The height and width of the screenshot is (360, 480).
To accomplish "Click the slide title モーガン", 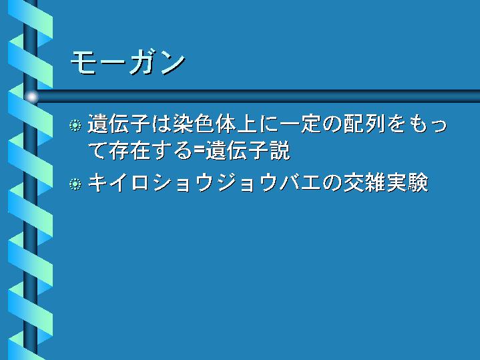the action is tap(128, 63).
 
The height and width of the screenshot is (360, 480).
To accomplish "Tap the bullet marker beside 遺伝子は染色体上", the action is tap(75, 126).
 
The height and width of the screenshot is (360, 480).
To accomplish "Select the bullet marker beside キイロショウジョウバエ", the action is tap(75, 184).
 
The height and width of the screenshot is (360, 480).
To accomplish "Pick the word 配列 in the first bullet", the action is tap(364, 124).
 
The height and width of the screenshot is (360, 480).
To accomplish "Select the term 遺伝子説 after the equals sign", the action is tap(248, 150).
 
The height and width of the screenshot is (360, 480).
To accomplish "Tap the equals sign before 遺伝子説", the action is tap(200, 151).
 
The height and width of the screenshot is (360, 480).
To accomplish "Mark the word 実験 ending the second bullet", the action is tap(407, 183).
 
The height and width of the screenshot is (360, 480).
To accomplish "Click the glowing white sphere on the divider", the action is tap(31, 97).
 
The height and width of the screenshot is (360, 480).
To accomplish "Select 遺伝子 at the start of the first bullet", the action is tap(119, 124).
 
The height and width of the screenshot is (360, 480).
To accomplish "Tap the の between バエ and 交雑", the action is tap(332, 184).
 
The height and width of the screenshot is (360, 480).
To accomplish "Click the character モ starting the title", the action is tap(83, 63).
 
